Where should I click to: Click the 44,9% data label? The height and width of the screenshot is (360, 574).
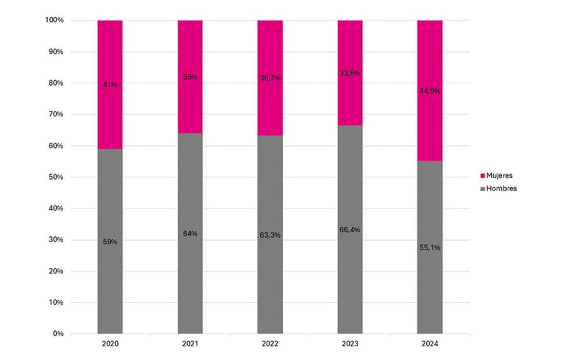point(430,91)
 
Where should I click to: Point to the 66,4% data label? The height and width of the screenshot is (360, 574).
point(350,230)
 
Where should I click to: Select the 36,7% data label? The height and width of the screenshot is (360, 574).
point(270,78)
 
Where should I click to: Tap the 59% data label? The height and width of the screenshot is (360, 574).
point(110,242)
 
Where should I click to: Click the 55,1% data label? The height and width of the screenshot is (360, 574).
point(430,247)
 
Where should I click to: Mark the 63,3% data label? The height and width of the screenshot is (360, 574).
point(270,235)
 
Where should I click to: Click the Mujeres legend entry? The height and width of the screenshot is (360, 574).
point(499,176)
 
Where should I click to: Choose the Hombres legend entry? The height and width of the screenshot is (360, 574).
point(501,189)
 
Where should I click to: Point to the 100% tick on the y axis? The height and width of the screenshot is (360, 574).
point(55,20)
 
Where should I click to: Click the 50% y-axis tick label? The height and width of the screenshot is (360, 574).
point(56,177)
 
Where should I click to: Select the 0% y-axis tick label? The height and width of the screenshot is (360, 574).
point(58,334)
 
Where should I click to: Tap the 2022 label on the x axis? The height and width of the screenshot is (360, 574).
point(270,344)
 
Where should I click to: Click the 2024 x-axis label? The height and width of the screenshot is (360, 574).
point(430,344)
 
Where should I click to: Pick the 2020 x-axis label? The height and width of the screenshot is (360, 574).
point(110,344)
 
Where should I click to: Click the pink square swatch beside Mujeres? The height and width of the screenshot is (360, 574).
point(483,176)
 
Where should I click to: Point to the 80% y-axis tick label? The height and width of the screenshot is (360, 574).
point(56,83)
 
